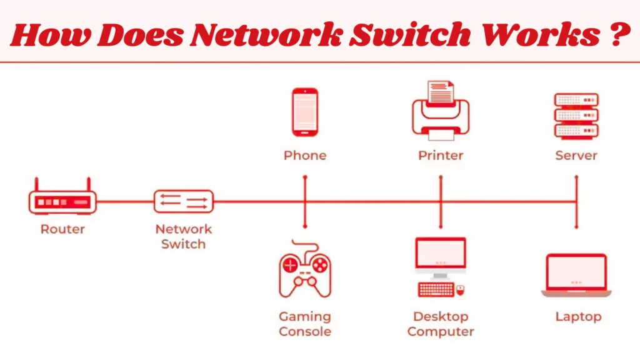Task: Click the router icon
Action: pyautogui.click(x=62, y=201)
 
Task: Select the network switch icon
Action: pyautogui.click(x=183, y=202)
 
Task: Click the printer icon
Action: pyautogui.click(x=441, y=111)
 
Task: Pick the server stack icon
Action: pyautogui.click(x=576, y=115)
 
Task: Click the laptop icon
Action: pyautogui.click(x=576, y=276)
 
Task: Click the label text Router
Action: pyautogui.click(x=62, y=229)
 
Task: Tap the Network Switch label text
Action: pyautogui.click(x=183, y=236)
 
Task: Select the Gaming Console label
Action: pyautogui.click(x=305, y=324)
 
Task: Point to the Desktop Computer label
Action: pyautogui.click(x=441, y=324)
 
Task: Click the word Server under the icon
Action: pyautogui.click(x=576, y=155)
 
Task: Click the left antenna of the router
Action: pyautogui.click(x=37, y=184)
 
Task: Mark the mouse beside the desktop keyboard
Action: pyautogui.click(x=461, y=289)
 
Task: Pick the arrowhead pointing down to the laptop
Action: pyautogui.click(x=576, y=226)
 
